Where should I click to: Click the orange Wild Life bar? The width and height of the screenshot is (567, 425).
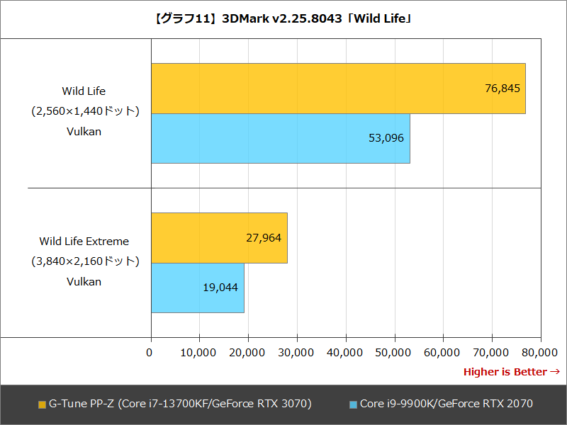[338, 89]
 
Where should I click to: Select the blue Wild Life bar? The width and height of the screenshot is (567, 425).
[280, 138]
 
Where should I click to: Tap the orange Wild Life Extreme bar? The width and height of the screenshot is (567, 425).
[219, 238]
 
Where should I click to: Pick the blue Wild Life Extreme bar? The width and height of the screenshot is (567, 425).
[197, 288]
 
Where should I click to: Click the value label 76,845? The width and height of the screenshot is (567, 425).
[503, 89]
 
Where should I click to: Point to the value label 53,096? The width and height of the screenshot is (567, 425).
[386, 138]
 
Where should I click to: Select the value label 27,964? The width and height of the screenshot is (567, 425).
[264, 238]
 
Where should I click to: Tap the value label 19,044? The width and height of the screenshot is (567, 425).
[220, 288]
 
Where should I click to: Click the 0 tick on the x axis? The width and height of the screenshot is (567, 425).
[150, 352]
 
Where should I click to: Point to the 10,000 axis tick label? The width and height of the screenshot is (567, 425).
[199, 352]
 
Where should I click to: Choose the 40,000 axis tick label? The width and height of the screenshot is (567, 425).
[345, 352]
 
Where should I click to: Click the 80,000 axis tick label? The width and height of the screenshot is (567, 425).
[540, 352]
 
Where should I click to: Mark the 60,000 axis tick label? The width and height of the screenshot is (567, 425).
[443, 352]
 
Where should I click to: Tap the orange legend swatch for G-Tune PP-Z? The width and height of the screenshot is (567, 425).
[42, 404]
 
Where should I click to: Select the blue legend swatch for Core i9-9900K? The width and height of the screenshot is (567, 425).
[353, 404]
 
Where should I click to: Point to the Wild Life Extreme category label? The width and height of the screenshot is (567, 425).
[84, 242]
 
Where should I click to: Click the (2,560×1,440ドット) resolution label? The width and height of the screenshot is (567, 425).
[84, 111]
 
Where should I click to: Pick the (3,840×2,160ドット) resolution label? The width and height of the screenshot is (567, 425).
[84, 261]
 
